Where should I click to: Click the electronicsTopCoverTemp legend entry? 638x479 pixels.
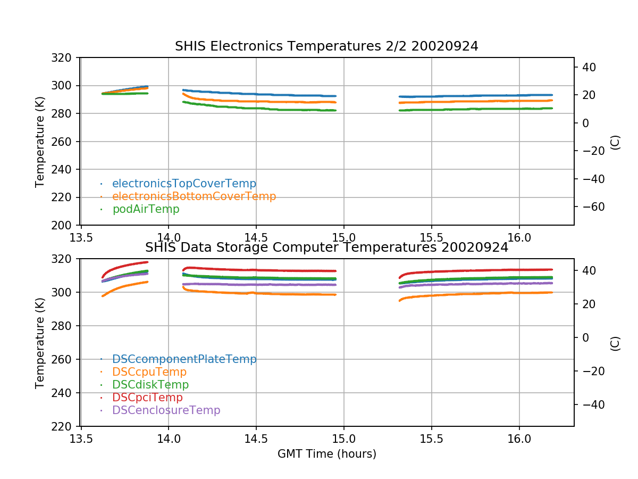(x=184, y=184)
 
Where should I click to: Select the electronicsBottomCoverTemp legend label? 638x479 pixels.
(x=194, y=196)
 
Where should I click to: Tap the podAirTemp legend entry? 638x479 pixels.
(x=146, y=209)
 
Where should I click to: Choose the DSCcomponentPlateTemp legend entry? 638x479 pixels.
(x=184, y=359)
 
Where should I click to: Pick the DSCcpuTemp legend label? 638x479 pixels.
(x=149, y=372)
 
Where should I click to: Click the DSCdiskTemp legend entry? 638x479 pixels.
(x=150, y=385)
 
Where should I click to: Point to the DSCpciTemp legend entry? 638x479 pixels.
(x=147, y=398)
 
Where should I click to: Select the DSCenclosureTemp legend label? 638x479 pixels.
(x=166, y=410)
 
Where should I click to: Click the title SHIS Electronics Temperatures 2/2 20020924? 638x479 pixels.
(x=326, y=46)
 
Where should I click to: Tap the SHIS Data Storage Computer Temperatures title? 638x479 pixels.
(x=326, y=247)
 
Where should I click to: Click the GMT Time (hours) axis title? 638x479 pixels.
(x=326, y=454)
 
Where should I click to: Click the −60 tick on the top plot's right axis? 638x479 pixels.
(x=591, y=207)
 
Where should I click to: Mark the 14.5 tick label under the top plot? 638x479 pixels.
(x=256, y=236)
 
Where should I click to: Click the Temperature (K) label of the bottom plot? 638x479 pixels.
(x=40, y=342)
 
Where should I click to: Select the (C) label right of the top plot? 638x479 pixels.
(x=615, y=142)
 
